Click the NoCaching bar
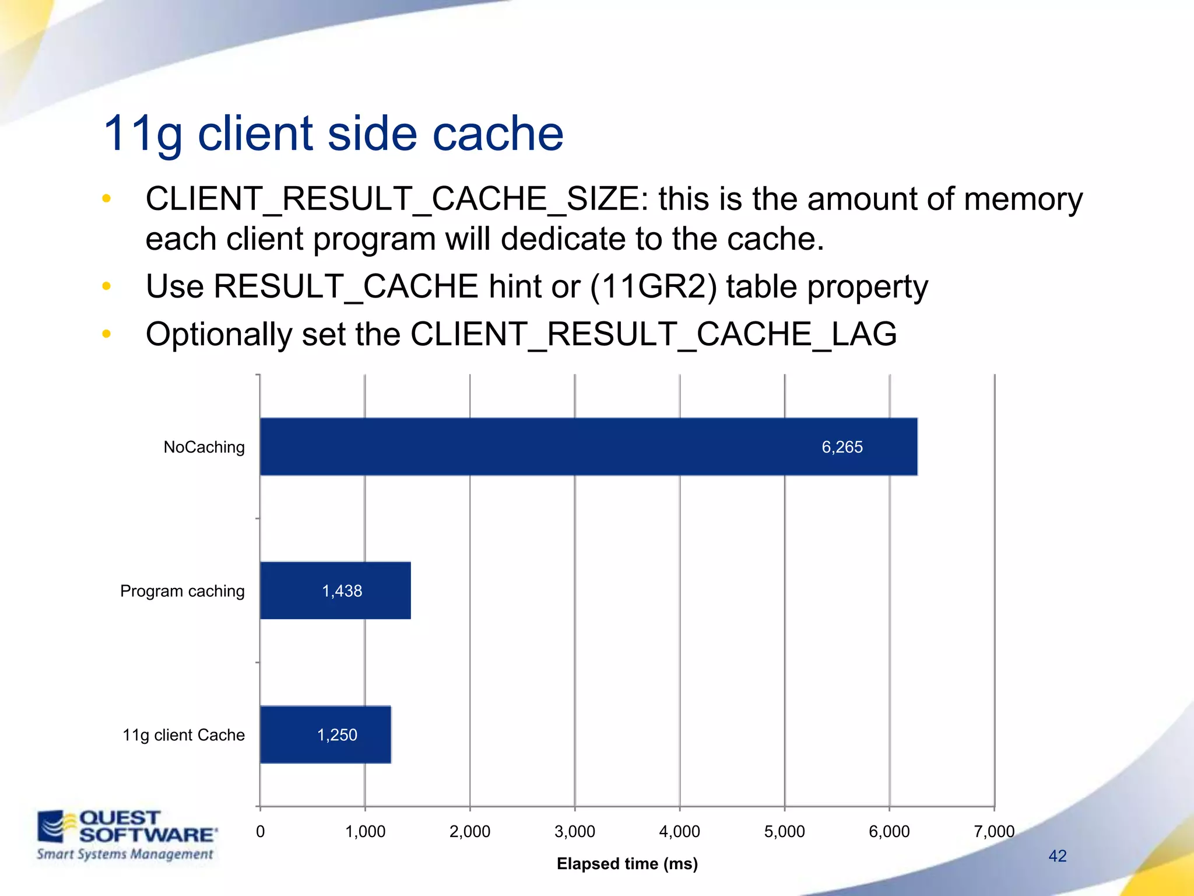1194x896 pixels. coord(588,447)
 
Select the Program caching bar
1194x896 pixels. coord(335,590)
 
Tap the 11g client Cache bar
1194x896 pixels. coord(325,734)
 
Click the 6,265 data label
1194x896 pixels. coord(842,447)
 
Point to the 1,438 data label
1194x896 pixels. coord(342,591)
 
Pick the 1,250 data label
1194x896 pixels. coord(337,735)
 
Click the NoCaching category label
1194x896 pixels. coord(204,447)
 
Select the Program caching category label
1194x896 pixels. coord(182,591)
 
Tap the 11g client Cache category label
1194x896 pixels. coord(183,735)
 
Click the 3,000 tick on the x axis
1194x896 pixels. coord(574,831)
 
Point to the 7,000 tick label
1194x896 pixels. coord(994,831)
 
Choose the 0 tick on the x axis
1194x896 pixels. coord(260,831)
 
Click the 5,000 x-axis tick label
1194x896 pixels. coord(784,831)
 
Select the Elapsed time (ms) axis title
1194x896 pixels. coord(627,863)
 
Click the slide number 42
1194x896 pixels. coord(1057,856)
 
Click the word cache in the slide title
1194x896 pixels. coord(497,133)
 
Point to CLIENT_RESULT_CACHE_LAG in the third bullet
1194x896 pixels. coord(653,334)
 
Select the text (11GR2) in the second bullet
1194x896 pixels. coord(654,286)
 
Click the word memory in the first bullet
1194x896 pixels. coord(1023,199)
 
